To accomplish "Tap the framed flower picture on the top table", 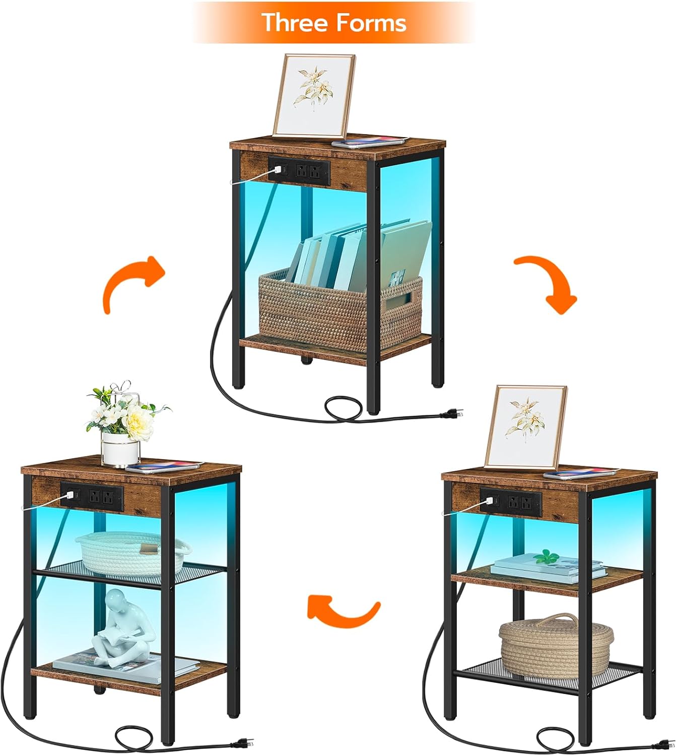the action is [314, 96].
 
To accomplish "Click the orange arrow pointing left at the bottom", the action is [343, 611].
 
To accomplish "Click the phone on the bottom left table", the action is [164, 467].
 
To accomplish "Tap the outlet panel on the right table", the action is [511, 502].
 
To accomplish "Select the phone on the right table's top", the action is [580, 473].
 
